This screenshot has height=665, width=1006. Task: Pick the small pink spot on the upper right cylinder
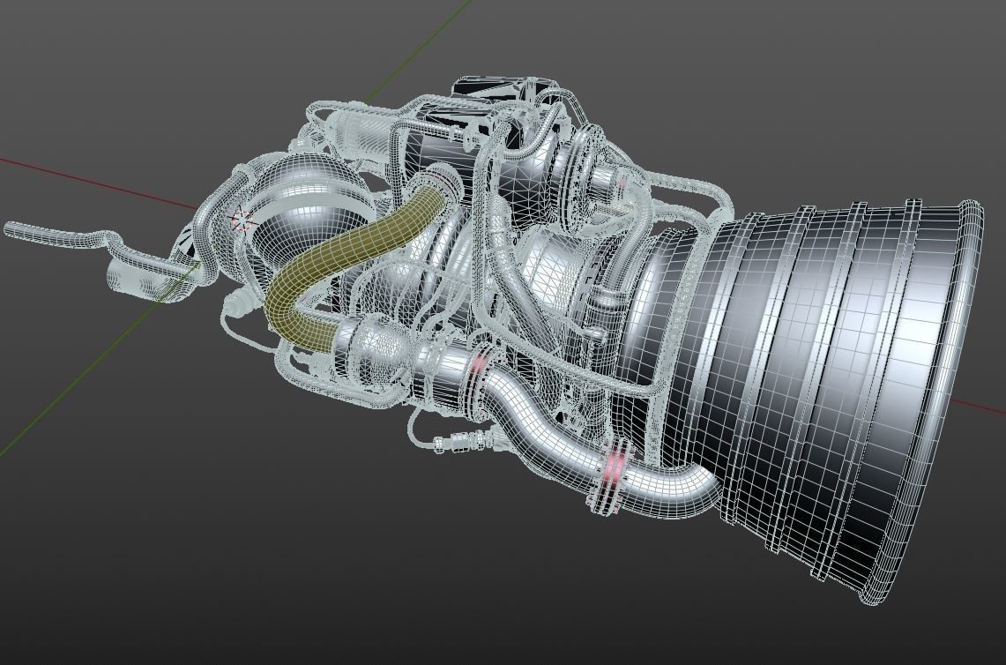(621, 183)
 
